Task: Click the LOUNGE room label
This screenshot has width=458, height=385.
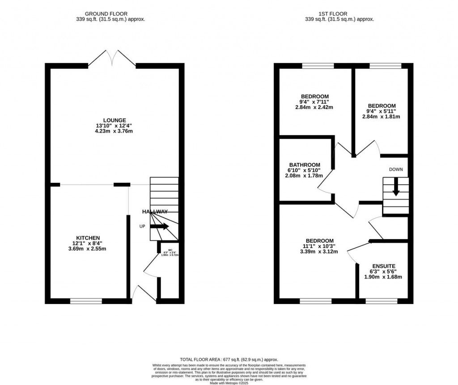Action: pos(114,120)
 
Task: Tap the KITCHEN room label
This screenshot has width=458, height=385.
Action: pos(88,237)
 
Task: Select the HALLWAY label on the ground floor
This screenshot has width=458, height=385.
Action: pos(155,212)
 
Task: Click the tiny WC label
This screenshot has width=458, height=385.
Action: pos(170,250)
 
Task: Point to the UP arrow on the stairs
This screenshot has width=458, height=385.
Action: pos(159,226)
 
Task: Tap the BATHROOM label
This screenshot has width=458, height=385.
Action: pos(305,165)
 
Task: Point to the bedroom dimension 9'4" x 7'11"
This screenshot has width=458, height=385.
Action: pos(315,102)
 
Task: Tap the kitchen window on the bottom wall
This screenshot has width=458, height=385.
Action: pos(83,301)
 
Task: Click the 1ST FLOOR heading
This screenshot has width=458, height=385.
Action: pos(339,14)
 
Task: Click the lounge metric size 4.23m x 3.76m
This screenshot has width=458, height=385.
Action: pos(114,131)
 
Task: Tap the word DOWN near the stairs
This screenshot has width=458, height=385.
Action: pos(396,169)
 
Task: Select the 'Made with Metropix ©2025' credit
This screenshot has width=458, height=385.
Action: pos(229,382)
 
